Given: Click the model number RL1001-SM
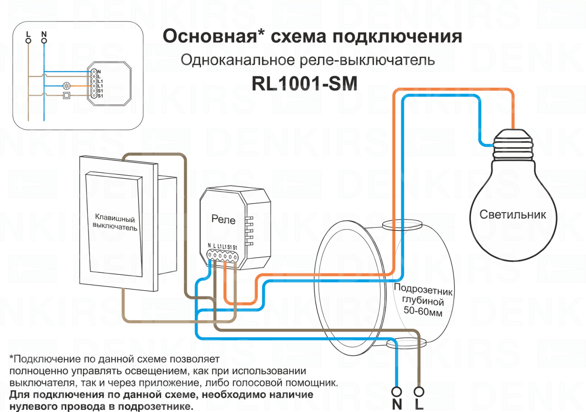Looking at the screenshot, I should click(304, 84).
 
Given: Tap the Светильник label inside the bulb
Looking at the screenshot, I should click(512, 215).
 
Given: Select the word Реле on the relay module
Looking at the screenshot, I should click(223, 220).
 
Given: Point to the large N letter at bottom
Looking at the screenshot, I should click(397, 404).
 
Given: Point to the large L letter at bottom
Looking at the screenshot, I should click(419, 404).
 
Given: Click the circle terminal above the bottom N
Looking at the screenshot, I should click(396, 392).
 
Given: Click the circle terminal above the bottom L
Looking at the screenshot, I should click(419, 392).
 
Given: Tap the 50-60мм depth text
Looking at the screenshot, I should click(423, 311).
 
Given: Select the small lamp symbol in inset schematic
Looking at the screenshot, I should click(66, 86).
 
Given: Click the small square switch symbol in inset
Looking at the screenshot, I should click(66, 95).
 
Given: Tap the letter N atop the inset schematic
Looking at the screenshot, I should click(44, 34).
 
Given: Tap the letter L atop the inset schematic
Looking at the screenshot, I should click(28, 34).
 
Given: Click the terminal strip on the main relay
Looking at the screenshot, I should click(222, 255).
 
